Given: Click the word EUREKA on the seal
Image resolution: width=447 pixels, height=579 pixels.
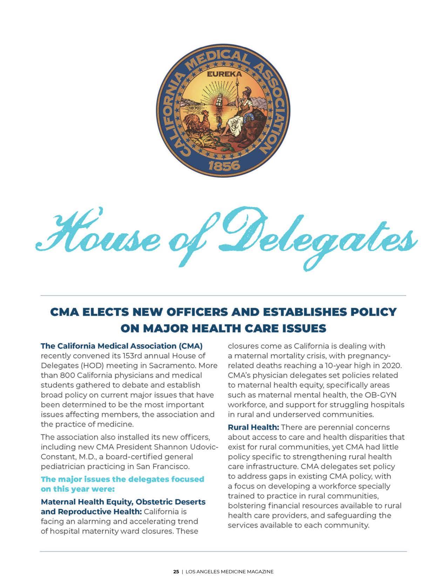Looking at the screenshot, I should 220,74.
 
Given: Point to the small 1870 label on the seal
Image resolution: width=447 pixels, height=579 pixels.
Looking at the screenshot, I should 194,108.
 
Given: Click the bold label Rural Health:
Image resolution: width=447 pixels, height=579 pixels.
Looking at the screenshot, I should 253,427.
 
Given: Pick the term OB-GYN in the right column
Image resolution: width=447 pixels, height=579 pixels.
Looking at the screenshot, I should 383,395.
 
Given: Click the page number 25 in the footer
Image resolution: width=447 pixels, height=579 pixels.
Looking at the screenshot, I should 176,572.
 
